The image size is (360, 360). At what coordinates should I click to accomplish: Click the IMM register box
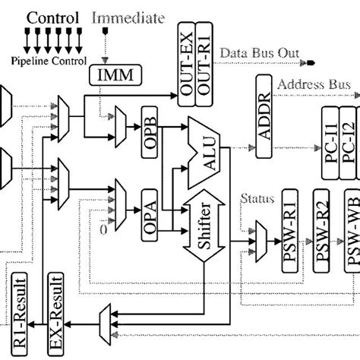(x=109, y=74)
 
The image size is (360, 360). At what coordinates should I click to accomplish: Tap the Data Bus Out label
(x=257, y=53)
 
